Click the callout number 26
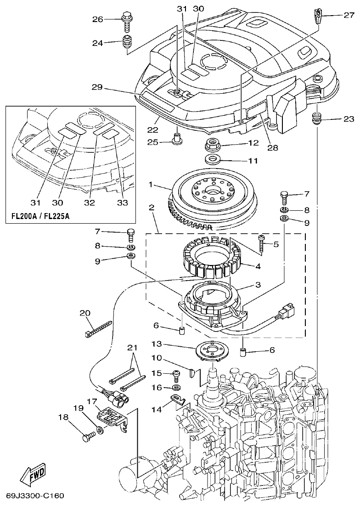(97, 19)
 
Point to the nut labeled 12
(213, 144)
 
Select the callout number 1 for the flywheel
(150, 185)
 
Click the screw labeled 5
(261, 243)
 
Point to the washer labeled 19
(99, 431)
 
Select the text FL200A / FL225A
(43, 215)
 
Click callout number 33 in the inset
(123, 203)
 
